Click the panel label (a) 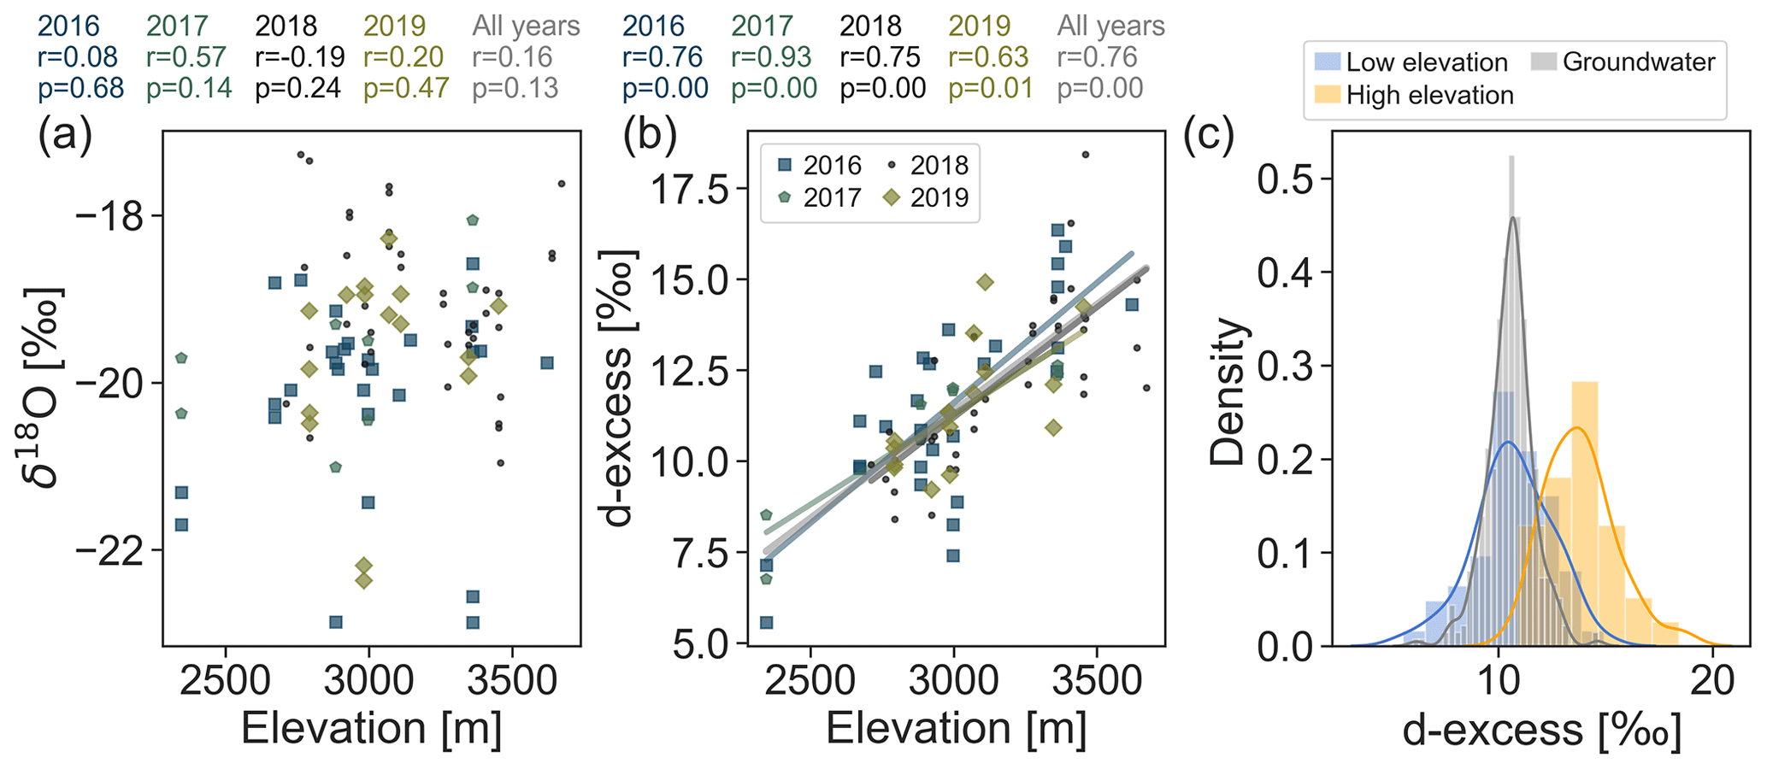(64, 137)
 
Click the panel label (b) (650, 137)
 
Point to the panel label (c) (1209, 137)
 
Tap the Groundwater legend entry (1623, 62)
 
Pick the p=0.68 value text (81, 88)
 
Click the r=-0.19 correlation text (299, 57)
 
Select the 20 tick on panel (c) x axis (1711, 683)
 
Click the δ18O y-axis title (44, 386)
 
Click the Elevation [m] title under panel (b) (956, 729)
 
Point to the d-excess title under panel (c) (1541, 731)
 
